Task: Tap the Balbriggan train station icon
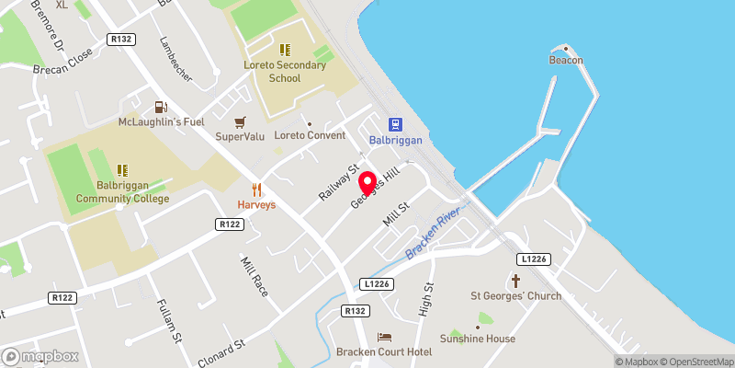[395, 124]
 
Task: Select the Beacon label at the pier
[565, 60]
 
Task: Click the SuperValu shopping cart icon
[240, 121]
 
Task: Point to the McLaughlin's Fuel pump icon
[161, 107]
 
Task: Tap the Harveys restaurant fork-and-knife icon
[256, 190]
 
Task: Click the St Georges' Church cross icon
[515, 280]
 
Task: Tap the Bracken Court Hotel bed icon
[384, 338]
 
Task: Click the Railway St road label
[336, 183]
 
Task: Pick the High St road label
[427, 300]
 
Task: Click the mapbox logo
[40, 356]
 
